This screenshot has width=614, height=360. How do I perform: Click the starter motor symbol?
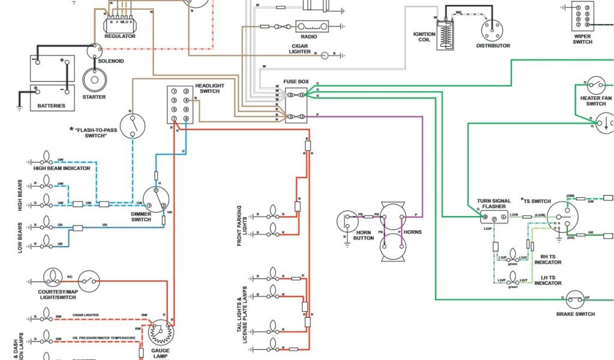(94, 80)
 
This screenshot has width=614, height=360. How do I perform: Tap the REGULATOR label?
(121, 36)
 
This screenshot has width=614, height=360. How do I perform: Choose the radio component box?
(312, 26)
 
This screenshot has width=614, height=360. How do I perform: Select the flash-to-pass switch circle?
(133, 125)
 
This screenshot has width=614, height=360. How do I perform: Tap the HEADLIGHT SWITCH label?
(209, 88)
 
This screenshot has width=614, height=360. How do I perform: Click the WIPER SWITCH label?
(582, 39)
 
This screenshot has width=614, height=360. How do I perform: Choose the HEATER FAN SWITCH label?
(595, 101)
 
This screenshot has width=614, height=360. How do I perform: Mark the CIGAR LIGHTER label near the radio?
(300, 49)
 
